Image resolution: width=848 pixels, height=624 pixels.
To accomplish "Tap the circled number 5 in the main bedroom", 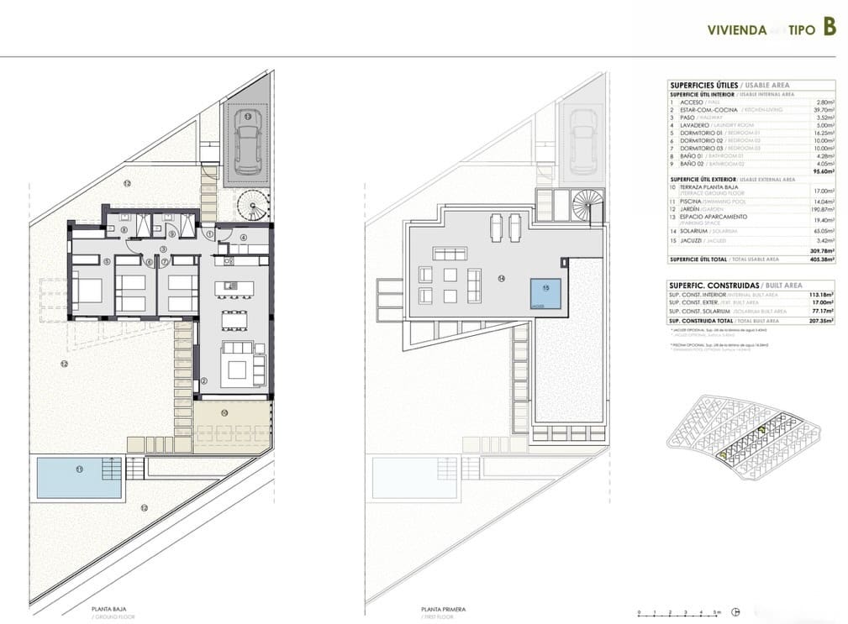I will point(107,261).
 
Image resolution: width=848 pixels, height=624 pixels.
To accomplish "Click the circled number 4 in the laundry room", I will point(243,238).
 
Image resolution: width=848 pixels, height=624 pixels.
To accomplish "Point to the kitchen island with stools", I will point(229,288).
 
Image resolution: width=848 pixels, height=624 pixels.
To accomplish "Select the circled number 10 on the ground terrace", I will point(224,413).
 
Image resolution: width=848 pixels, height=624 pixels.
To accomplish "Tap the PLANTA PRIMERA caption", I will point(442,609).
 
